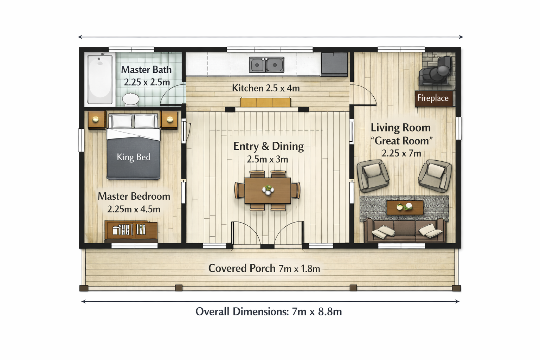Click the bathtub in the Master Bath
pyautogui.click(x=100, y=79)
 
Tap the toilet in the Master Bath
pyautogui.click(x=131, y=99)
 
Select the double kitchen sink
pyautogui.click(x=266, y=65)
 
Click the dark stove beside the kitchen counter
pyautogui.click(x=334, y=64)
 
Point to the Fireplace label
pyautogui.click(x=433, y=98)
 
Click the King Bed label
pyautogui.click(x=134, y=157)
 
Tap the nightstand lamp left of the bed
pyautogui.click(x=96, y=119)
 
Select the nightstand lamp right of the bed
pyautogui.click(x=170, y=119)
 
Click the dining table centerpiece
pyautogui.click(x=268, y=189)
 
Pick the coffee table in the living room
pyautogui.click(x=405, y=207)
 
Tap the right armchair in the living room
pyautogui.click(x=435, y=176)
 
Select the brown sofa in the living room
pyautogui.click(x=405, y=230)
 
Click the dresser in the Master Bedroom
pyautogui.click(x=131, y=231)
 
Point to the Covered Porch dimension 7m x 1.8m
pyautogui.click(x=299, y=269)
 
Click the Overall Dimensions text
pyautogui.click(x=269, y=311)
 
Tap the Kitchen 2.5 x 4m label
pyautogui.click(x=266, y=88)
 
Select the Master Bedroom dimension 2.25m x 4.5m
pyautogui.click(x=134, y=209)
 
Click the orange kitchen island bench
pyautogui.click(x=265, y=102)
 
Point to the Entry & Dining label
pyautogui.click(x=269, y=146)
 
